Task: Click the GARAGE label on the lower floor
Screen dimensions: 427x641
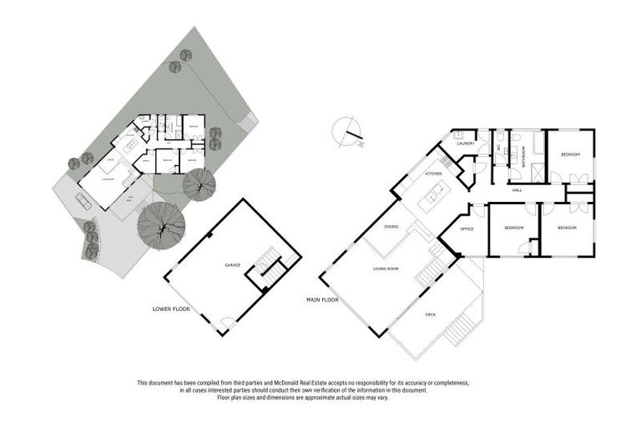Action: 232,265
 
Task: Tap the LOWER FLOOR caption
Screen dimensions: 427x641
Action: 170,309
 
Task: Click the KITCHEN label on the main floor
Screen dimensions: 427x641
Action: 433,173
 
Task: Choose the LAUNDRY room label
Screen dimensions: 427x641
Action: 466,143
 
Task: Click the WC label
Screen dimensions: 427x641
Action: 498,148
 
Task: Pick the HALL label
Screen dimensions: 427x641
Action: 517,191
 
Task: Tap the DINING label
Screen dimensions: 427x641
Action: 391,227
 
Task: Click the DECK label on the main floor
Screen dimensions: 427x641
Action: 431,314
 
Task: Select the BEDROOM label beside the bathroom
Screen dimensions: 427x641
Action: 570,155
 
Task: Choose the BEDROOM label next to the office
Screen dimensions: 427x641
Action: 513,229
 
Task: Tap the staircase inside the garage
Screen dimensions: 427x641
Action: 269,267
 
